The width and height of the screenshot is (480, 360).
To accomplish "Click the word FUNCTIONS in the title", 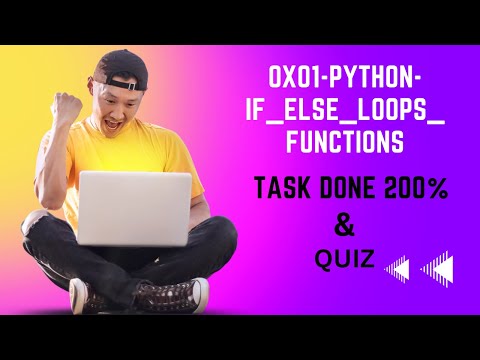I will (x=344, y=143).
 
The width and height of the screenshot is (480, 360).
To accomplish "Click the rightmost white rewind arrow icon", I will (x=438, y=268).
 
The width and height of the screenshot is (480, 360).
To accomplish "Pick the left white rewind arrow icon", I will (x=397, y=268).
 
